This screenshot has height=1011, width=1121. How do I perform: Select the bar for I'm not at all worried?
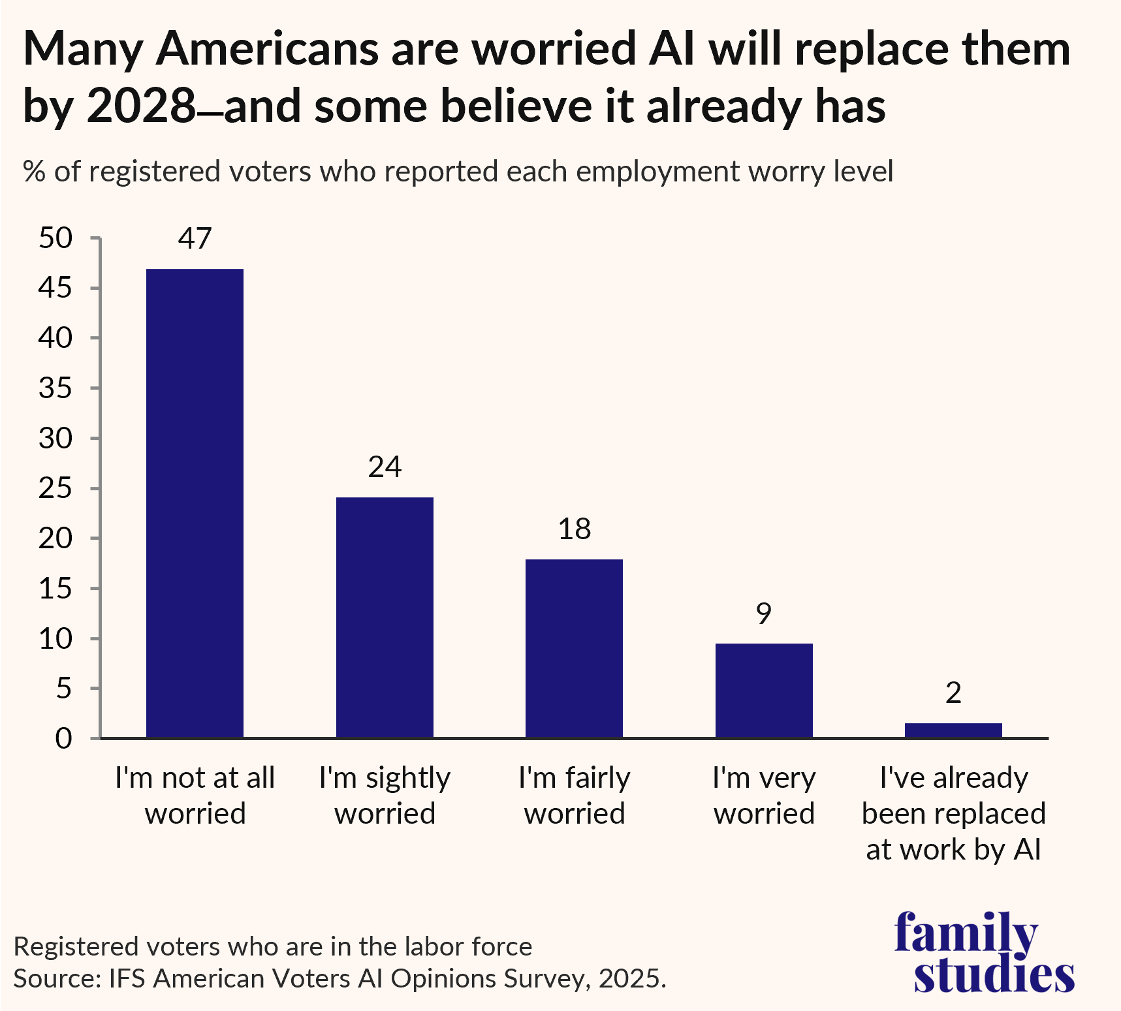coord(195,503)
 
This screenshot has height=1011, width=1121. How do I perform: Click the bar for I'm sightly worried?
coord(385,617)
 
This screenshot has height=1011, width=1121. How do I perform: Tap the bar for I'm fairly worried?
coord(574,648)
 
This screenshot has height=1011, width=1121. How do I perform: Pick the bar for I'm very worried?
coord(764,691)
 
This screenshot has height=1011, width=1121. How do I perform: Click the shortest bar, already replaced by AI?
coord(953,730)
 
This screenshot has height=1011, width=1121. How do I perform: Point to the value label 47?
coord(195,239)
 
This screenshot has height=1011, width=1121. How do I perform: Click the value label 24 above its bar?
coord(385,467)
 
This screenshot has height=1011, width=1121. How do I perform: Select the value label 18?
coord(574,529)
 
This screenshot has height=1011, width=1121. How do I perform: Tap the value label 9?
coord(764,614)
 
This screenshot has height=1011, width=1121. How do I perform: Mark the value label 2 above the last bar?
coord(953,693)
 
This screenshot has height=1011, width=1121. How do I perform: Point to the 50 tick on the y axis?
coord(55,238)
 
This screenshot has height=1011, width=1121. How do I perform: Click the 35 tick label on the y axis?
coord(55,388)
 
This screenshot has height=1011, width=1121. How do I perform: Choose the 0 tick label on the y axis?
coord(63,739)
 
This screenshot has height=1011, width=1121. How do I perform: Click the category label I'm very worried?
coord(764,796)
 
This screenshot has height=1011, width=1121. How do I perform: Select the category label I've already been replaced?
coord(953,813)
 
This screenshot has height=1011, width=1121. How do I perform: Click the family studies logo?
coord(984,952)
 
